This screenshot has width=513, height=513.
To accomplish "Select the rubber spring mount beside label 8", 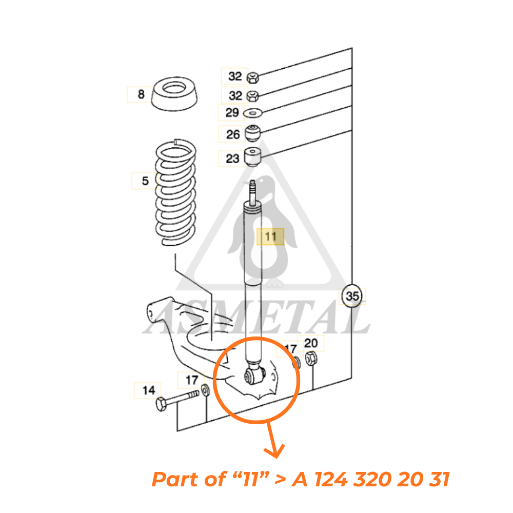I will (174, 93).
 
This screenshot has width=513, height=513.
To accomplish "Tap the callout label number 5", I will (145, 181).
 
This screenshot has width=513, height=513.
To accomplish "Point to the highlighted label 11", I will (270, 237).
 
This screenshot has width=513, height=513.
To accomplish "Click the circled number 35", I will (352, 297).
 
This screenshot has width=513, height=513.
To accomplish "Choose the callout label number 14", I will (148, 390).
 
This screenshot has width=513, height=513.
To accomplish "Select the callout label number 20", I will (311, 343).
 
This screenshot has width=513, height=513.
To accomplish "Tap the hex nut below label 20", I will (311, 359).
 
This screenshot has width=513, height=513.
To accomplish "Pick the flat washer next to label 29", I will (253, 112).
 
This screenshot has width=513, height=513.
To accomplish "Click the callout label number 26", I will (233, 134).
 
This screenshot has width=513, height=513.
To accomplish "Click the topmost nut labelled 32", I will (252, 78).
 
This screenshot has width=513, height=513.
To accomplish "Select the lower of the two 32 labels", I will (234, 95).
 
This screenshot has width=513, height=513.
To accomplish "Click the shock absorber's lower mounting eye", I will (253, 377).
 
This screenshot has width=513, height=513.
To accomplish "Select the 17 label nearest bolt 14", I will (191, 380).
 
